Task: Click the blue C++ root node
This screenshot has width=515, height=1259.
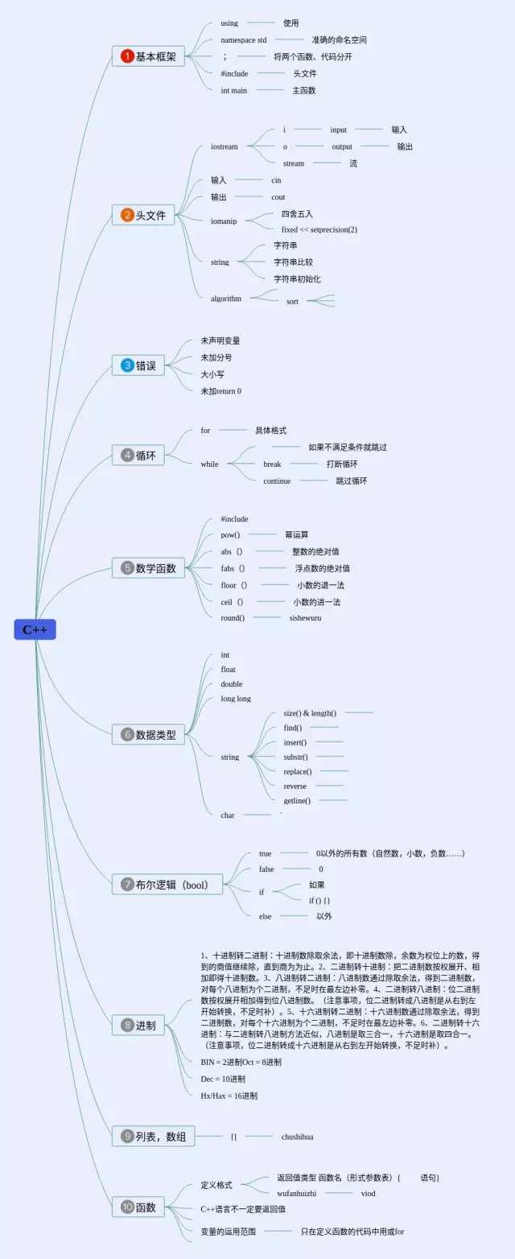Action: [35, 629]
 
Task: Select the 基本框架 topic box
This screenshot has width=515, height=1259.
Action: [148, 56]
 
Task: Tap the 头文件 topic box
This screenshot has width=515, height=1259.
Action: [143, 215]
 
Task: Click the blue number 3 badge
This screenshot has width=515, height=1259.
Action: [127, 365]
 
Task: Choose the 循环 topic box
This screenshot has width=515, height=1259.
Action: [138, 455]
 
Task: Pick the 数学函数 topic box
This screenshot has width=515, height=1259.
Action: [149, 568]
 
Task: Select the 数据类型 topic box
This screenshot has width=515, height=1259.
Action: [149, 734]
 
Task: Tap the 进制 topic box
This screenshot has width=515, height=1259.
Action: [138, 1026]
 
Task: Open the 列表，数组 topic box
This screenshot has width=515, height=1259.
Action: [153, 1136]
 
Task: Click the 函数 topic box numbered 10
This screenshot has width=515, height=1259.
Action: [138, 1207]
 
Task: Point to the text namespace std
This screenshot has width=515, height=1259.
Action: [244, 39]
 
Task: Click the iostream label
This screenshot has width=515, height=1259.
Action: [225, 147]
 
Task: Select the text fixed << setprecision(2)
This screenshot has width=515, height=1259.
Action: [319, 229]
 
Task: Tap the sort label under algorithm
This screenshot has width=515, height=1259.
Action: [292, 301]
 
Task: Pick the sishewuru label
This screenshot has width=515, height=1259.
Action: [305, 618]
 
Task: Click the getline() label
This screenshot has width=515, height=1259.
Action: [297, 800]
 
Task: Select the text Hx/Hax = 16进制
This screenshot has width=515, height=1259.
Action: [229, 1096]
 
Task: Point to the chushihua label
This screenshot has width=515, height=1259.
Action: [297, 1137]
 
